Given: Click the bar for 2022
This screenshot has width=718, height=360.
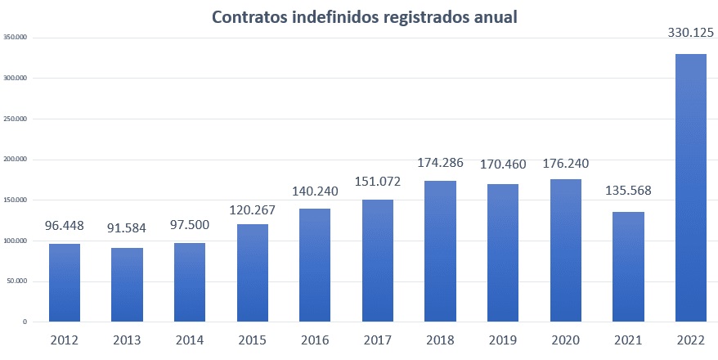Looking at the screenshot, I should [691, 188].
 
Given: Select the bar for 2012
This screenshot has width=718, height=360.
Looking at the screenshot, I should [65, 282].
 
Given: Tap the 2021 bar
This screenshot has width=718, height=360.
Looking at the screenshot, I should [628, 267].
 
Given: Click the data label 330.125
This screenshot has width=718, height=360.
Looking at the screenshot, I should [691, 34].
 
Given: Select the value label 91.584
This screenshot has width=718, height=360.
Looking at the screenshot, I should [128, 227].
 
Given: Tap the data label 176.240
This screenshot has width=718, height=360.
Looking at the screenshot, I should [566, 163].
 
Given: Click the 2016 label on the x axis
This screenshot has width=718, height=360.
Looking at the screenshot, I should [315, 339].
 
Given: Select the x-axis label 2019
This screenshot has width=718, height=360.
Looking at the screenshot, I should [503, 339].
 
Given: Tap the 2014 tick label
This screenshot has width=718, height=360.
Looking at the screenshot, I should [190, 339].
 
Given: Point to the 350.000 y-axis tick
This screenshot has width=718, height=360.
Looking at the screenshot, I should [16, 38].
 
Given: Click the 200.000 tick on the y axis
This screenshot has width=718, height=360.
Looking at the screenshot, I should [16, 160].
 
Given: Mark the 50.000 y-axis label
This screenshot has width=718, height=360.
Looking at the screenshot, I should [17, 281].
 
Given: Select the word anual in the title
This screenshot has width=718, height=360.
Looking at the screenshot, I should [494, 17].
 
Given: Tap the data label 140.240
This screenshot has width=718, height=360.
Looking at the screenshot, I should [315, 191].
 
